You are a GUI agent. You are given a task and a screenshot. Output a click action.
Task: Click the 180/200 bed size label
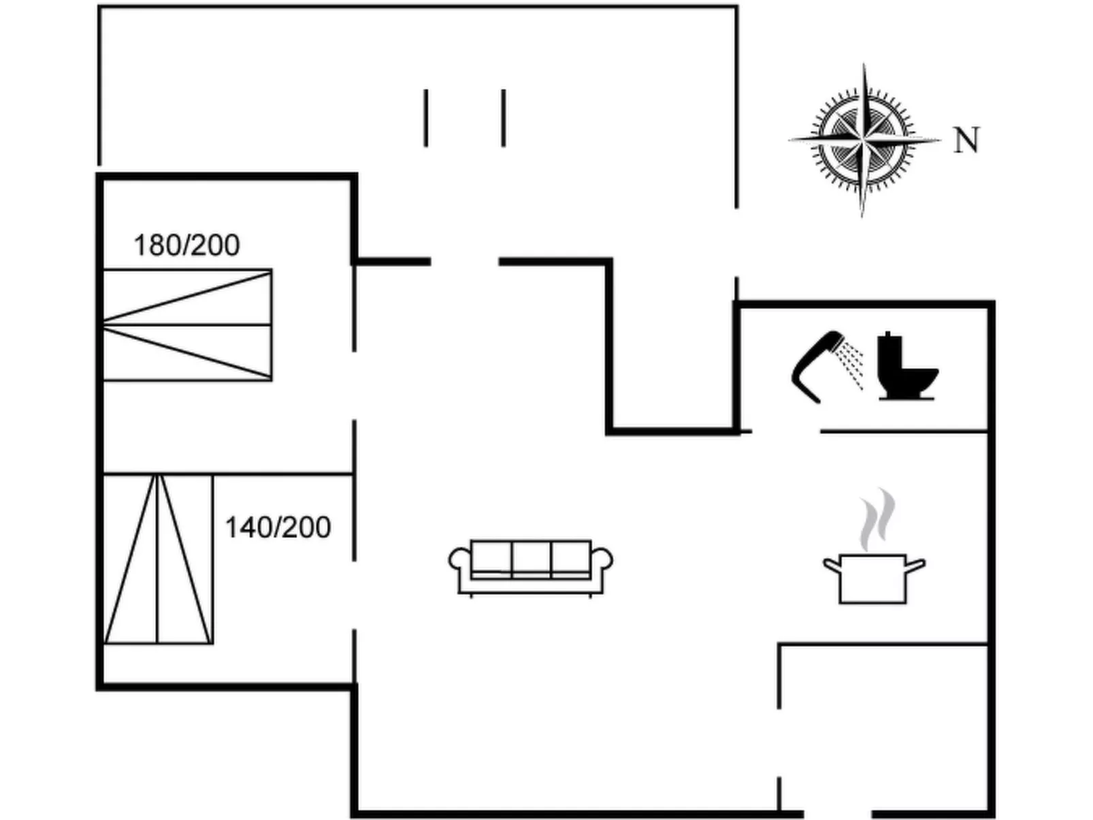[x=186, y=245]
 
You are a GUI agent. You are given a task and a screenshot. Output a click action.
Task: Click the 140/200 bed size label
[x=278, y=527]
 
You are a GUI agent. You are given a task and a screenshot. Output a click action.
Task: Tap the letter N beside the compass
[x=966, y=141]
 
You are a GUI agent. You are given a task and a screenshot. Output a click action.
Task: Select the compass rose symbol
[x=863, y=140]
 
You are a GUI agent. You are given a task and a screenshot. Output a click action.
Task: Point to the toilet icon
[x=905, y=367]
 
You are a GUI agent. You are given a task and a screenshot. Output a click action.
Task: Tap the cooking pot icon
[x=873, y=578]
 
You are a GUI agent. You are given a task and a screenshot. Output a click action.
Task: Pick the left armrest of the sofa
[x=459, y=562]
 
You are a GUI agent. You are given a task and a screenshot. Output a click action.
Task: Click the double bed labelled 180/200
[x=187, y=325]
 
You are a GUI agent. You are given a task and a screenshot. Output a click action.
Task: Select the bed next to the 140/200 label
[x=158, y=559]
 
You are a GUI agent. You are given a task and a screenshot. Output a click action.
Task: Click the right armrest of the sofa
[x=602, y=562]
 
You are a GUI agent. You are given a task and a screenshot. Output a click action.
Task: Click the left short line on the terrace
[x=426, y=118]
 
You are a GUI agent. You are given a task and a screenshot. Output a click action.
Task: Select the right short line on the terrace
[x=504, y=118]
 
